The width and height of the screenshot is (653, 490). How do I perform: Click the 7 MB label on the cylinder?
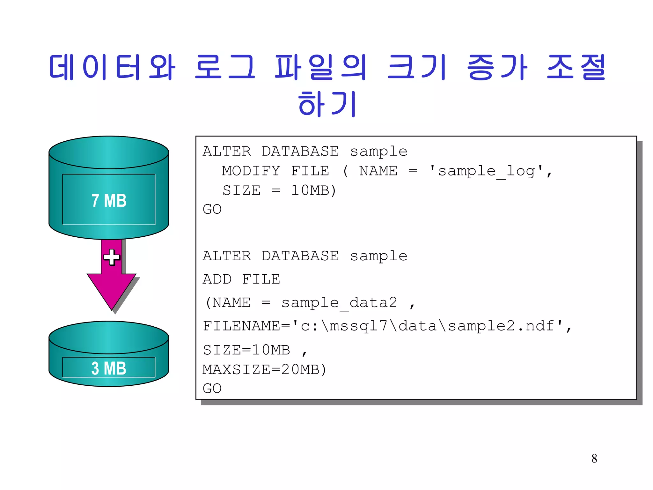[109, 201]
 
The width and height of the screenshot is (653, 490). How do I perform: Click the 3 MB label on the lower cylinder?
[109, 368]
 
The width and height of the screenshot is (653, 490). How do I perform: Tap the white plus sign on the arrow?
[112, 257]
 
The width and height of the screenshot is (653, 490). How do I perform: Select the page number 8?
[594, 459]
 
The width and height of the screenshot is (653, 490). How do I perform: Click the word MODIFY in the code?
[251, 171]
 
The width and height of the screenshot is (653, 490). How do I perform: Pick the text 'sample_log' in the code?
[486, 171]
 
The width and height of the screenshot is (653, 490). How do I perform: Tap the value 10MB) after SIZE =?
[314, 190]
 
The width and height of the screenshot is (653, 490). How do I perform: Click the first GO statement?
[212, 209]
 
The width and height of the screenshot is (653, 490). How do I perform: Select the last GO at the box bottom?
[212, 389]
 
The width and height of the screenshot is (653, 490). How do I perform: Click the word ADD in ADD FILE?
[217, 279]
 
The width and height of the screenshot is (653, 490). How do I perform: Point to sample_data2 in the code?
[339, 303]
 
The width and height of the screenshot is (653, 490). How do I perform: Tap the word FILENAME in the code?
[241, 326]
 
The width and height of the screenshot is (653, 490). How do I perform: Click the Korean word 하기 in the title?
[327, 104]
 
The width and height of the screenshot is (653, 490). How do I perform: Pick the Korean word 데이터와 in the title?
[112, 67]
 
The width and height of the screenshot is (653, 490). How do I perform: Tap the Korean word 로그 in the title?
[225, 67]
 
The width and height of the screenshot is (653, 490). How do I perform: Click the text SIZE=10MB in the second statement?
[246, 350]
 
